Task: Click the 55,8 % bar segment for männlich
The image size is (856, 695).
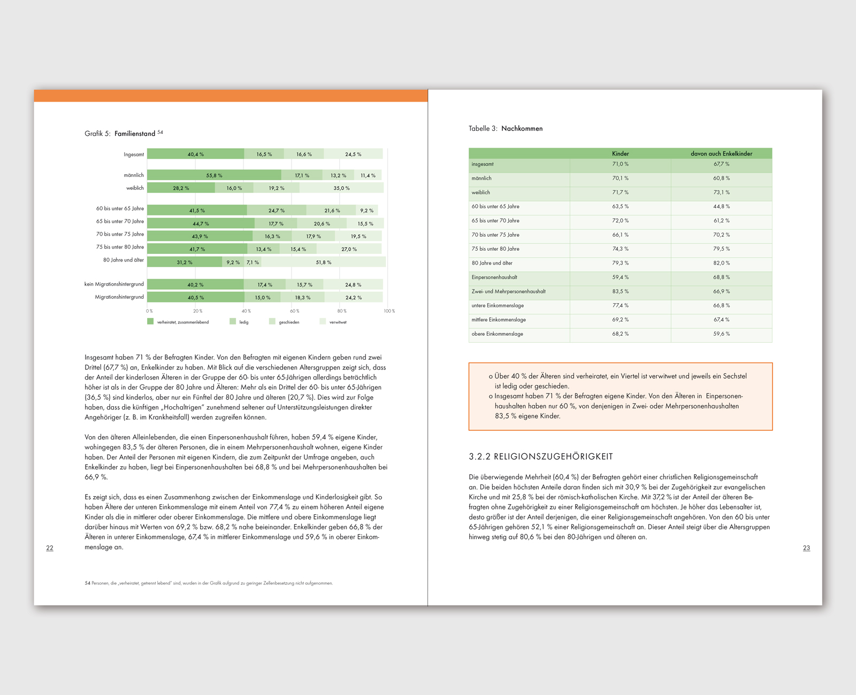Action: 214,175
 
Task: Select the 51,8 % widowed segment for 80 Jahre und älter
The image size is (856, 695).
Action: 324,262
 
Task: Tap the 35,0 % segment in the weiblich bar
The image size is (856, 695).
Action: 341,188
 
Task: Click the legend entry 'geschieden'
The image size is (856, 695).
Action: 288,322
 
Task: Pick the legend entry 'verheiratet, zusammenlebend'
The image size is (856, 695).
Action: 182,322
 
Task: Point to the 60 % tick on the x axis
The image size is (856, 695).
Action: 294,311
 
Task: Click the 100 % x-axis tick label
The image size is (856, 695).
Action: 389,311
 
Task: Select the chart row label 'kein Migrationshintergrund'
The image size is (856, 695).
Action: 114,284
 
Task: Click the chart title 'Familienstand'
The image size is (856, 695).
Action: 135,134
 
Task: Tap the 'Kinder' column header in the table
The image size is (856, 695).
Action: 620,153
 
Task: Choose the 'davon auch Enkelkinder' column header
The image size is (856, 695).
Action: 721,153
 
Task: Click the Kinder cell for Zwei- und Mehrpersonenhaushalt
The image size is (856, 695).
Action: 620,291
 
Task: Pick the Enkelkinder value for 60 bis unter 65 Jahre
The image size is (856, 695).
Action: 721,206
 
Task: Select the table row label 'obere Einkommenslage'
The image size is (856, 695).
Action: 498,334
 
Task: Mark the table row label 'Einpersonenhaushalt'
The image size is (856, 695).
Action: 494,277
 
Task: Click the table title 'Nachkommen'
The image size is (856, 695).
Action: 522,129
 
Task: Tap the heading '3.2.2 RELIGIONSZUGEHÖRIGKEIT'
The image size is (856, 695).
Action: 541,457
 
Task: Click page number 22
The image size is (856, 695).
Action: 50,548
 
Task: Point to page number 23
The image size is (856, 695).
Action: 806,548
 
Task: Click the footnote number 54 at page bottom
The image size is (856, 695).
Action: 87,583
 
